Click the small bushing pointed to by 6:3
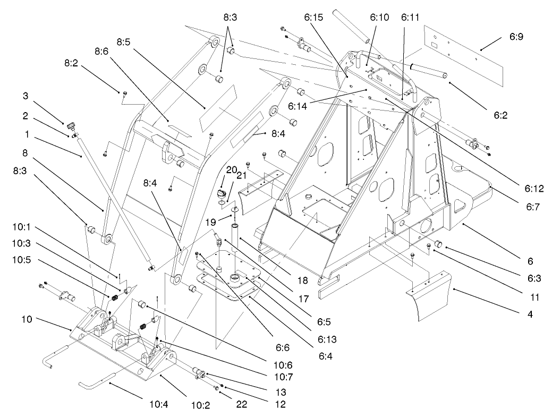pos(439,244)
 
